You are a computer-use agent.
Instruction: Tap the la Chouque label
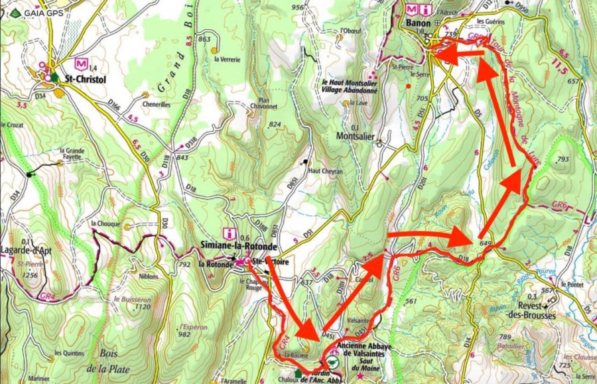(x=105, y=224)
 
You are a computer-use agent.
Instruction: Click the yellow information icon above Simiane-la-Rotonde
(x=230, y=233)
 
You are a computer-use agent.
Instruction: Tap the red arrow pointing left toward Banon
(x=456, y=55)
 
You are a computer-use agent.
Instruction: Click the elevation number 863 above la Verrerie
(x=204, y=39)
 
